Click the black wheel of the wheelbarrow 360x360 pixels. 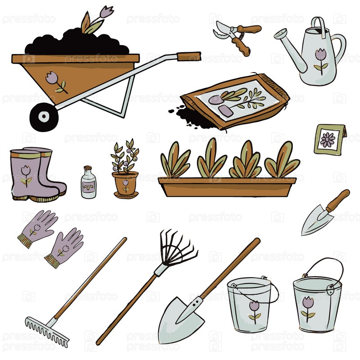point(44,117)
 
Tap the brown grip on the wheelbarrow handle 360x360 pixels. point(189,56)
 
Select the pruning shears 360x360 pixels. point(237,37)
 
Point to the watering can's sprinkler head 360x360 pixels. point(281,33)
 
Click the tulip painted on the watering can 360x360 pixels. point(321,61)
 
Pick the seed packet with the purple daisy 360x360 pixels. point(330,140)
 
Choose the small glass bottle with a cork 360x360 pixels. point(88,182)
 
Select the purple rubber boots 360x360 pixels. point(37,174)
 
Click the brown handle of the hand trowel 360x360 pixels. point(337,201)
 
